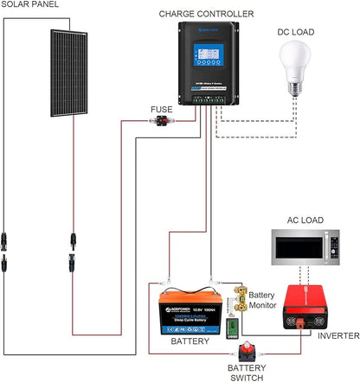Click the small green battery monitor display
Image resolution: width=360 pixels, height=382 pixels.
point(231,329)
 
